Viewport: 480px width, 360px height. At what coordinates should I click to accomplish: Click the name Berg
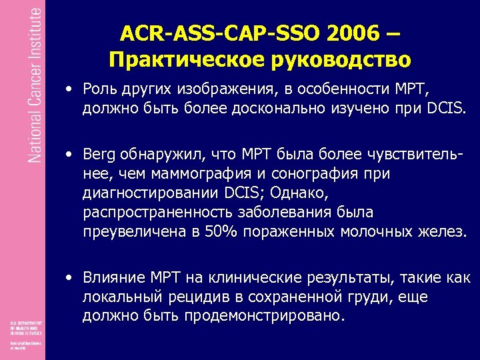point(101,155)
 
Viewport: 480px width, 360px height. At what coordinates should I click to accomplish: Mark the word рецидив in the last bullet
point(186,296)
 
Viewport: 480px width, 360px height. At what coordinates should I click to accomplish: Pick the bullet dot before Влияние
point(70,277)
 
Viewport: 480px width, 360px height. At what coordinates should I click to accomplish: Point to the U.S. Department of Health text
point(23,326)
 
